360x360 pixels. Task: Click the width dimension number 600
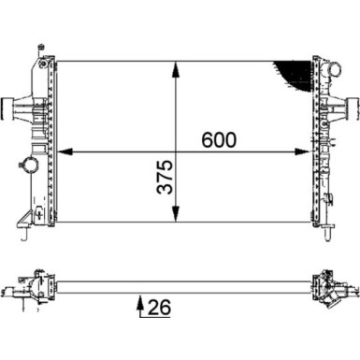(216, 140)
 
